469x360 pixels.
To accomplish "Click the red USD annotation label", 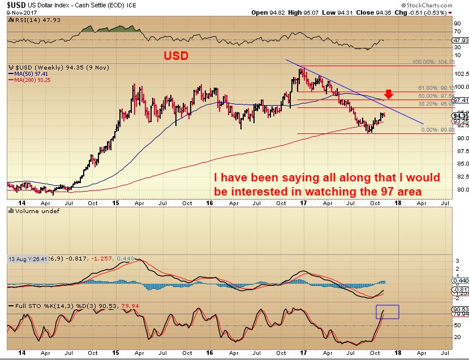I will pos(176,57).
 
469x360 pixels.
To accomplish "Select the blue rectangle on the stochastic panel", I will pos(388,311).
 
